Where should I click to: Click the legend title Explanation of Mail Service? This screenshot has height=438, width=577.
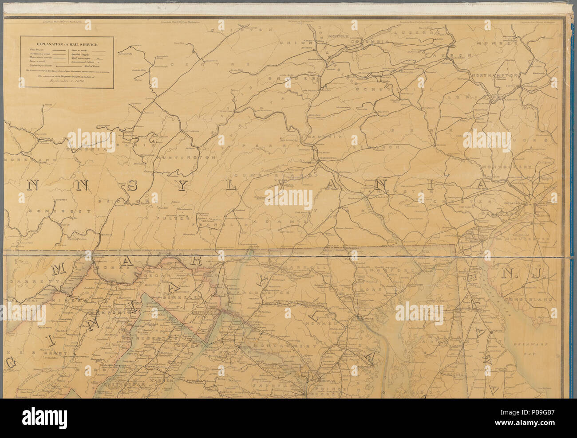67,44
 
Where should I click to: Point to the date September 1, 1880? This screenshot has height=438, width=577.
67,82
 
